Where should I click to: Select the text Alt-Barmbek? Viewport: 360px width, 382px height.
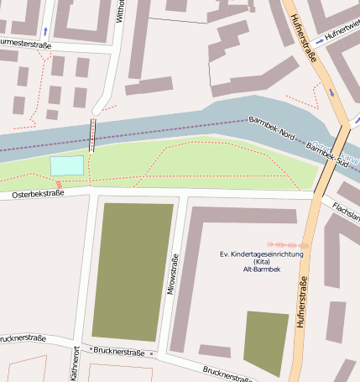[x=260, y=270]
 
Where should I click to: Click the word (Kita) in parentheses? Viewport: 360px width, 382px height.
[x=260, y=262]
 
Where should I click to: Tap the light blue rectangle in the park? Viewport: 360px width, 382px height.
[x=67, y=165]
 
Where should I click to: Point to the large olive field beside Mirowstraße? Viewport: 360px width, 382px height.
[x=133, y=270]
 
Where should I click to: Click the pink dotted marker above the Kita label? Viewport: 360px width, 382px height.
[x=288, y=244]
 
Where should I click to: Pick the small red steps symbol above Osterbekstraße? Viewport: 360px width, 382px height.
[x=60, y=184]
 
